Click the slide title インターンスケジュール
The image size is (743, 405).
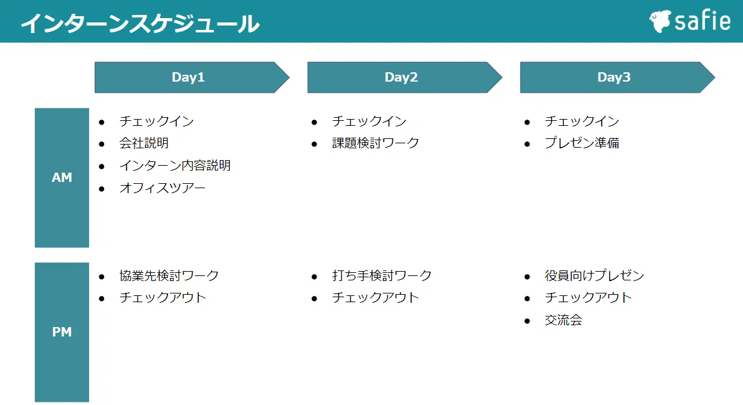click(x=140, y=24)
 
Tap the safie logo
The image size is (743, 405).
click(x=690, y=21)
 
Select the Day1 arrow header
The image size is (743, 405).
click(x=192, y=77)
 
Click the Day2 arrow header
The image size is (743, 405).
click(x=405, y=77)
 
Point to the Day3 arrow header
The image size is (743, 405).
click(x=617, y=77)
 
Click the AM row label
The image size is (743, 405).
click(x=62, y=178)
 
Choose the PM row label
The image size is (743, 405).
click(x=62, y=332)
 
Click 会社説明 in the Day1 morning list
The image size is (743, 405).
click(x=144, y=143)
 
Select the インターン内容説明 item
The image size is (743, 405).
click(x=175, y=166)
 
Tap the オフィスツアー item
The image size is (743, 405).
click(x=163, y=188)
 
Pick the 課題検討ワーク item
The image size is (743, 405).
click(x=376, y=143)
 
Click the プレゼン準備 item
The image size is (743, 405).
click(x=582, y=143)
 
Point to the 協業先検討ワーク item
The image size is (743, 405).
click(x=169, y=275)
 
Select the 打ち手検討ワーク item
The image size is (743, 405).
click(x=382, y=275)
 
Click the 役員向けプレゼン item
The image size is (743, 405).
click(x=595, y=275)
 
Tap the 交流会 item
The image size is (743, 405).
click(x=564, y=320)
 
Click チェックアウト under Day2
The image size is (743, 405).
click(x=376, y=298)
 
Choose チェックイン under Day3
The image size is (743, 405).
click(x=582, y=121)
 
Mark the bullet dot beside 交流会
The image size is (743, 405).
click(x=528, y=321)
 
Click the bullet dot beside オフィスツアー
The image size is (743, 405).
click(x=102, y=189)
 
